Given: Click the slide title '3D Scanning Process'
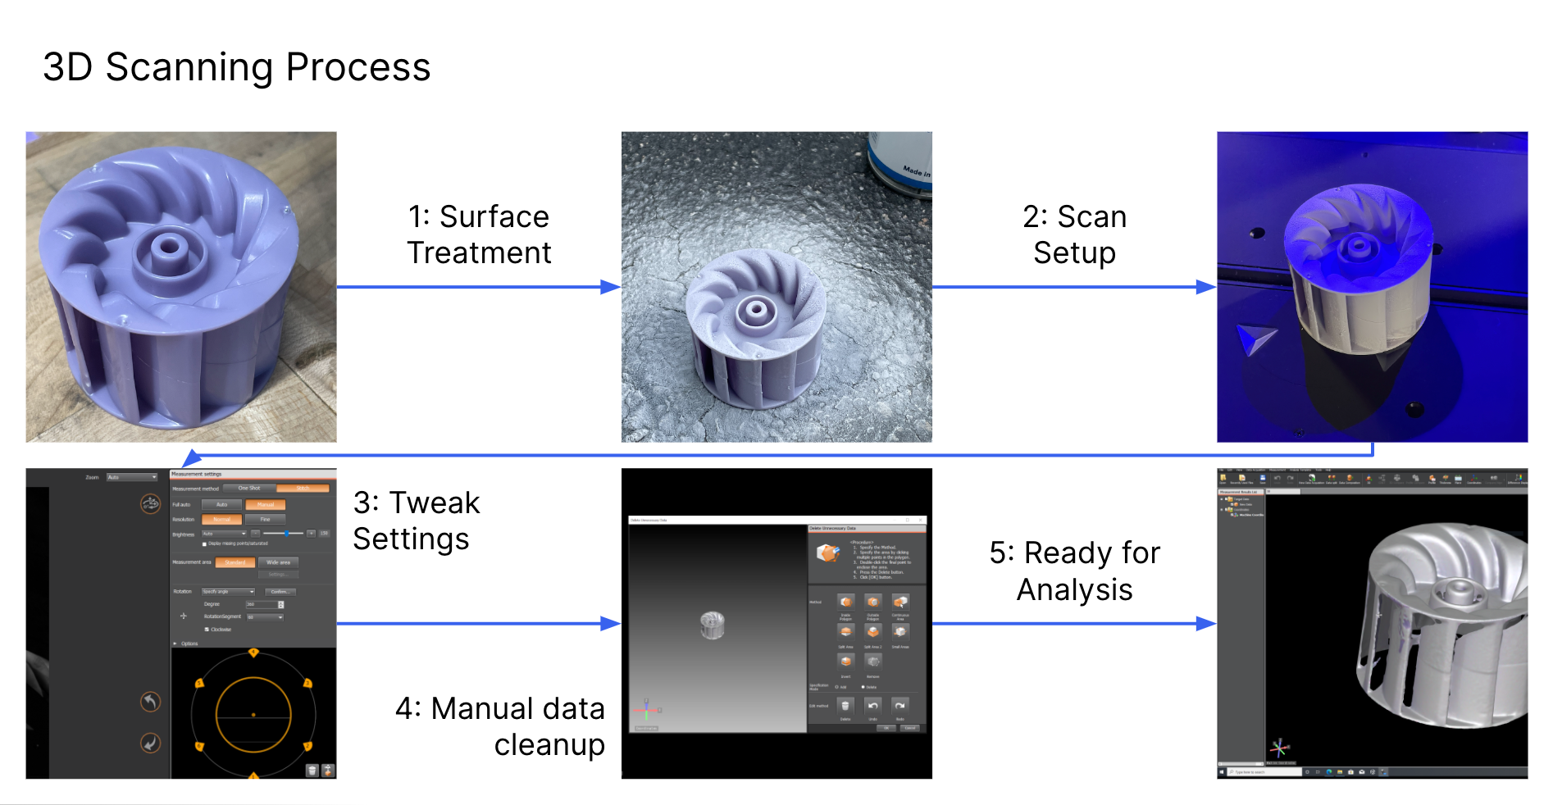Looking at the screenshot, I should click(x=236, y=67).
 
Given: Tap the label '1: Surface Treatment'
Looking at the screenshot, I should click(x=479, y=234).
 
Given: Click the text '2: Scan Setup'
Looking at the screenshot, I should click(x=1074, y=234).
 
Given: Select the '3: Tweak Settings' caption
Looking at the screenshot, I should click(x=416, y=521).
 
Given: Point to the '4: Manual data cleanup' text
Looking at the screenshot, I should click(x=500, y=726).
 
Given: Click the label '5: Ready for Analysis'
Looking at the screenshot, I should click(x=1074, y=571).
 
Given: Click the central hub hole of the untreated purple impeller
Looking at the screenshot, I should click(x=170, y=246).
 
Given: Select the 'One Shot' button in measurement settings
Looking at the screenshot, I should click(x=248, y=489).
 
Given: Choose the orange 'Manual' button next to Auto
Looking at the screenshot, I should click(x=266, y=505).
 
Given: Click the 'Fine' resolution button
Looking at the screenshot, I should click(x=266, y=520).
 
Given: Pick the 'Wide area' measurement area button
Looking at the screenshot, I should click(x=278, y=562).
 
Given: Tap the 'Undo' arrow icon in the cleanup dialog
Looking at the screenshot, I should click(x=873, y=706).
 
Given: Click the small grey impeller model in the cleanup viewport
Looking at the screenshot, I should click(x=713, y=625).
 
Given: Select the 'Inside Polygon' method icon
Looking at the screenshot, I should click(x=846, y=602).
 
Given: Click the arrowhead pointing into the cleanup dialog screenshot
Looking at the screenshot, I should click(x=611, y=624).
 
